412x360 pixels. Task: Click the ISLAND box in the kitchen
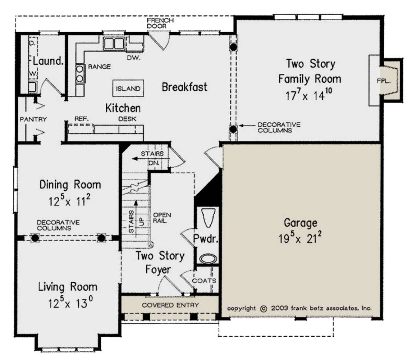click(x=128, y=88)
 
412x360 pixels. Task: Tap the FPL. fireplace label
click(x=384, y=81)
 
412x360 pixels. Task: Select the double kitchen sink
click(x=114, y=43)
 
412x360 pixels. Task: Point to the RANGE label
click(x=99, y=67)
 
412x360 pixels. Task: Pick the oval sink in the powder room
click(x=208, y=258)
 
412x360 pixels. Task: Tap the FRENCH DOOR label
click(x=160, y=23)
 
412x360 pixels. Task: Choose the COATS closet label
click(x=204, y=281)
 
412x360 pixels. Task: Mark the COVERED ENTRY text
click(x=170, y=305)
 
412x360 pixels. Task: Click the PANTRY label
click(x=33, y=119)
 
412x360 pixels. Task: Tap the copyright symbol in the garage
click(x=264, y=309)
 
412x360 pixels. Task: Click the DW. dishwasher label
click(x=134, y=58)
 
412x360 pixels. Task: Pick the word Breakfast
click(x=184, y=87)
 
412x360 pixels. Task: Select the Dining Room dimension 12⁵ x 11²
click(x=69, y=200)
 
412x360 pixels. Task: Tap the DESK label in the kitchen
click(x=127, y=119)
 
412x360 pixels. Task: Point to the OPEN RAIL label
click(x=162, y=218)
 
